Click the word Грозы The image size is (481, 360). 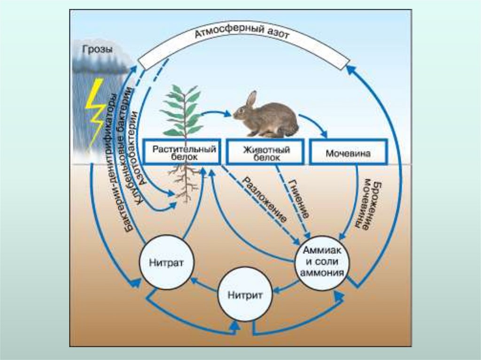click(97, 48)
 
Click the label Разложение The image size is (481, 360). click(264, 199)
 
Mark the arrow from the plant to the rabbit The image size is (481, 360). click(216, 113)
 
